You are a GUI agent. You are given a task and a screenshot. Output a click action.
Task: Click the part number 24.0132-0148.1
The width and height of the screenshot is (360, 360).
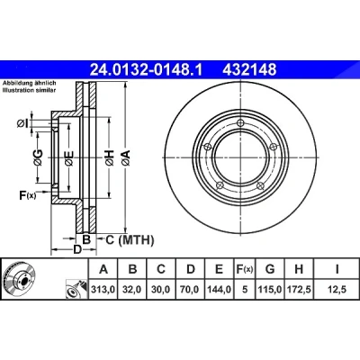147,70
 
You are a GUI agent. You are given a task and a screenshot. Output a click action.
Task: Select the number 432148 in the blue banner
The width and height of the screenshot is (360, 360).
249,70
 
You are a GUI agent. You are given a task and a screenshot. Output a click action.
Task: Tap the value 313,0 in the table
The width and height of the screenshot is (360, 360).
103,290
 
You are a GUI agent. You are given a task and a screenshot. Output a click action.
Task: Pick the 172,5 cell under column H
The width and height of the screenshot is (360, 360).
299,290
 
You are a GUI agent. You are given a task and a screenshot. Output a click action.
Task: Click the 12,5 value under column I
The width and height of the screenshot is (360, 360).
337,290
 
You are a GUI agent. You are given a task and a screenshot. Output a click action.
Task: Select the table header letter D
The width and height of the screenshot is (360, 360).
191,269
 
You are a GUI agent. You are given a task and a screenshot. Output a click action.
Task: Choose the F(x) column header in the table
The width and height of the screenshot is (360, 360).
245,269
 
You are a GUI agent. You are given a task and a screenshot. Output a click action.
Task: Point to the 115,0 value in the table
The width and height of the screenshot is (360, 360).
270,290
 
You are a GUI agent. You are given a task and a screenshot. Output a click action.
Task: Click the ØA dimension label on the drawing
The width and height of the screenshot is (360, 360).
126,157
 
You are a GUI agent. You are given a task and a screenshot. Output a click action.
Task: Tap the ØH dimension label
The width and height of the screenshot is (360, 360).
110,157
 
